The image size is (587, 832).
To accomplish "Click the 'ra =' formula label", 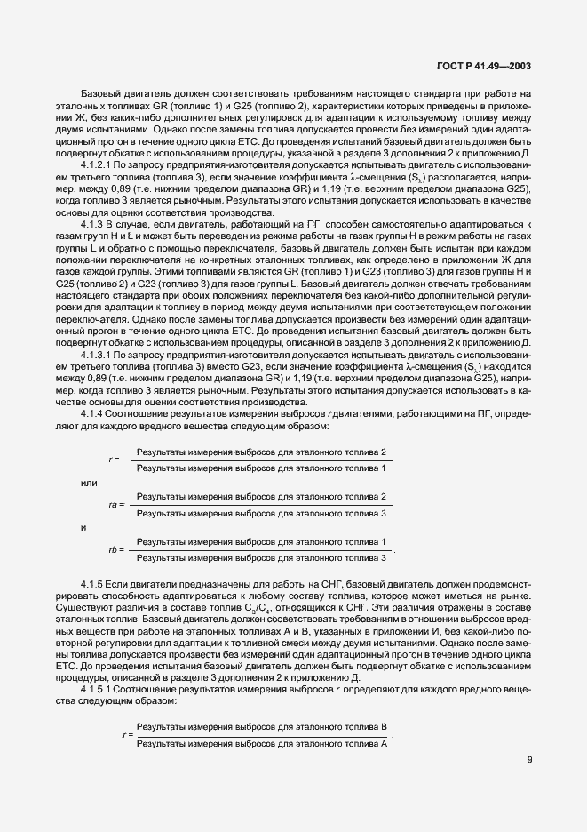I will coord(115,505).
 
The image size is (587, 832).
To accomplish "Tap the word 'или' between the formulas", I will coord(89,483).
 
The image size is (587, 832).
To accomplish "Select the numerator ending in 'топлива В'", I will coord(262,727).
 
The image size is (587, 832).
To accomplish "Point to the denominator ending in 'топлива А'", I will coord(262,742).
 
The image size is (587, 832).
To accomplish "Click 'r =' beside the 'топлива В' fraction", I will coord(127,735).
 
